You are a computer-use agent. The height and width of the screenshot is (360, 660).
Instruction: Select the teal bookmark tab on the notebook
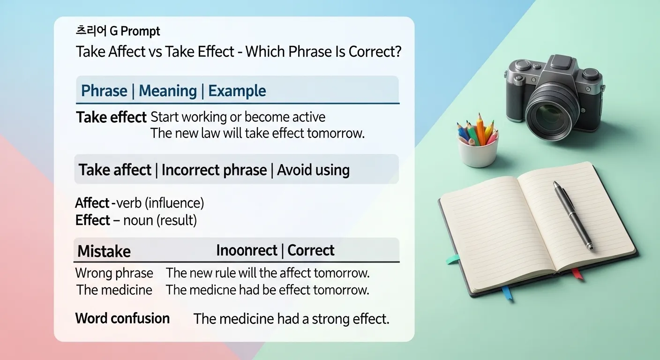453,259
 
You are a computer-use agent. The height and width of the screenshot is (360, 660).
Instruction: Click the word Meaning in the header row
168,90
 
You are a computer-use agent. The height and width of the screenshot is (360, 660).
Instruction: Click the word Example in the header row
237,90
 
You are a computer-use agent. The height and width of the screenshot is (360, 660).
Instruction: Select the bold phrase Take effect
112,117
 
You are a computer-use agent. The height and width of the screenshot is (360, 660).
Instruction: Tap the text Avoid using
313,170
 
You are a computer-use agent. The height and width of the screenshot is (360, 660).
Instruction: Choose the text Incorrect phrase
214,170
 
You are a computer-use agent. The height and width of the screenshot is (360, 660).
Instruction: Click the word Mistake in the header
104,251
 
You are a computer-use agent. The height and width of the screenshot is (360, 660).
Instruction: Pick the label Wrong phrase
114,273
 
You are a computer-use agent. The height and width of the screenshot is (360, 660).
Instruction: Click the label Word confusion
122,318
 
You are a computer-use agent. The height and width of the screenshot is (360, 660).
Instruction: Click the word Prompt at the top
140,31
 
